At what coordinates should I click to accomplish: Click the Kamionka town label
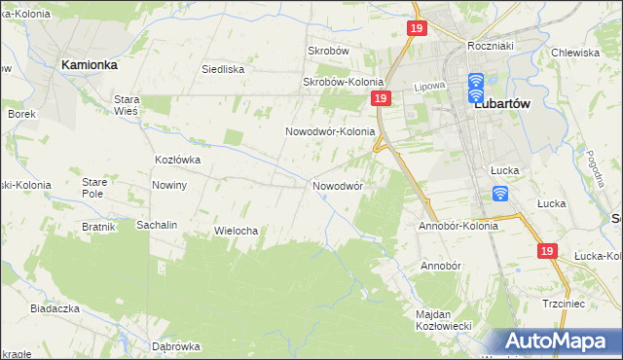pos(89,63)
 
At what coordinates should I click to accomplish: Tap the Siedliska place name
pos(222,69)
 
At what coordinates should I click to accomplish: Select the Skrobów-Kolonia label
pos(344,83)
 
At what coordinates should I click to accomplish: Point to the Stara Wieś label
pos(128,105)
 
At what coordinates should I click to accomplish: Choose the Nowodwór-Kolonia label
pos(330,131)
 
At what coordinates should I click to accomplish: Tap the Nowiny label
pos(169,185)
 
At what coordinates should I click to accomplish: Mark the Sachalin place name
pos(157,225)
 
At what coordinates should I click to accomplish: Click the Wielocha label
pos(235,231)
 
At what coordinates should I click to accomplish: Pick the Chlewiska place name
pos(573,53)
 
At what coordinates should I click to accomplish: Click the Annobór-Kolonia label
pos(458,226)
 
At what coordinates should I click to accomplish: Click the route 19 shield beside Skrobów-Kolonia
pos(381,99)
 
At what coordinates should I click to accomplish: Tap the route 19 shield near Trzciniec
pos(546,251)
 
